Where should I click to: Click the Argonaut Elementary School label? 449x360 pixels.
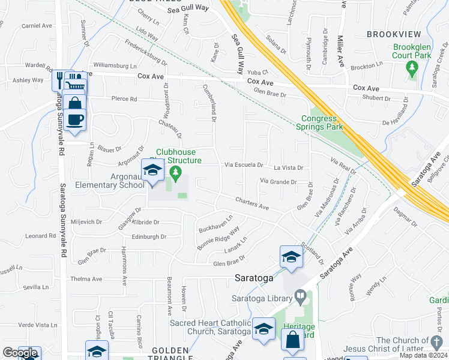coord(110,181)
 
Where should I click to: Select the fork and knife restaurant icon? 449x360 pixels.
coord(60,79)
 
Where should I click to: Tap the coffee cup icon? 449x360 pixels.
coord(75,119)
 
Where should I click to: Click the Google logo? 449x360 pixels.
coord(20,353)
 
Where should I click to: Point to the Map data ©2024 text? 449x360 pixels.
coord(424,355)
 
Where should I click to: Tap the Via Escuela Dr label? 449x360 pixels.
coord(244,164)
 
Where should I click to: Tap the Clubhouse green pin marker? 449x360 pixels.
coord(175,175)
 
